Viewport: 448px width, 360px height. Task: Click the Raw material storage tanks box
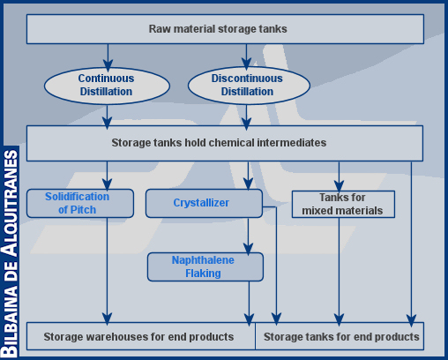click(x=225, y=29)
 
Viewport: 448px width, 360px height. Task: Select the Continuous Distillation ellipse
click(x=107, y=86)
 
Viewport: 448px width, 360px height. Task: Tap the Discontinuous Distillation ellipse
click(x=249, y=86)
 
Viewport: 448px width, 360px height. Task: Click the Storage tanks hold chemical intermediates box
click(x=225, y=143)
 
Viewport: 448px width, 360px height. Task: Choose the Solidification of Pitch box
click(x=80, y=203)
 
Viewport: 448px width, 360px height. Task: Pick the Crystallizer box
click(x=204, y=203)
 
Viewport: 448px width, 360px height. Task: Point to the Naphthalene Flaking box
click(x=205, y=266)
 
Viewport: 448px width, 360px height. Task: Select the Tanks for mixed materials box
click(x=343, y=204)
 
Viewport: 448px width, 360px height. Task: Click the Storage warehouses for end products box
click(x=141, y=336)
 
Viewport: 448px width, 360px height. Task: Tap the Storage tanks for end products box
click(x=340, y=336)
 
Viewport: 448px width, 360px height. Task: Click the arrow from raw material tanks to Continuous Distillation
click(x=108, y=58)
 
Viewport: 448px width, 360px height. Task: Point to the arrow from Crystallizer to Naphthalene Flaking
click(x=249, y=236)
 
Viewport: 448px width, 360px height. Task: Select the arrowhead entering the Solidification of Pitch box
click(x=107, y=184)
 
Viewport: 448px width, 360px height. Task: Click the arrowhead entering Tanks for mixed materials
click(x=339, y=186)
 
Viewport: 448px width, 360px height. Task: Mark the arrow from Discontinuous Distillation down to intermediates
click(x=246, y=117)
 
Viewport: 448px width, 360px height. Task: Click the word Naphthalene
click(x=203, y=260)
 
